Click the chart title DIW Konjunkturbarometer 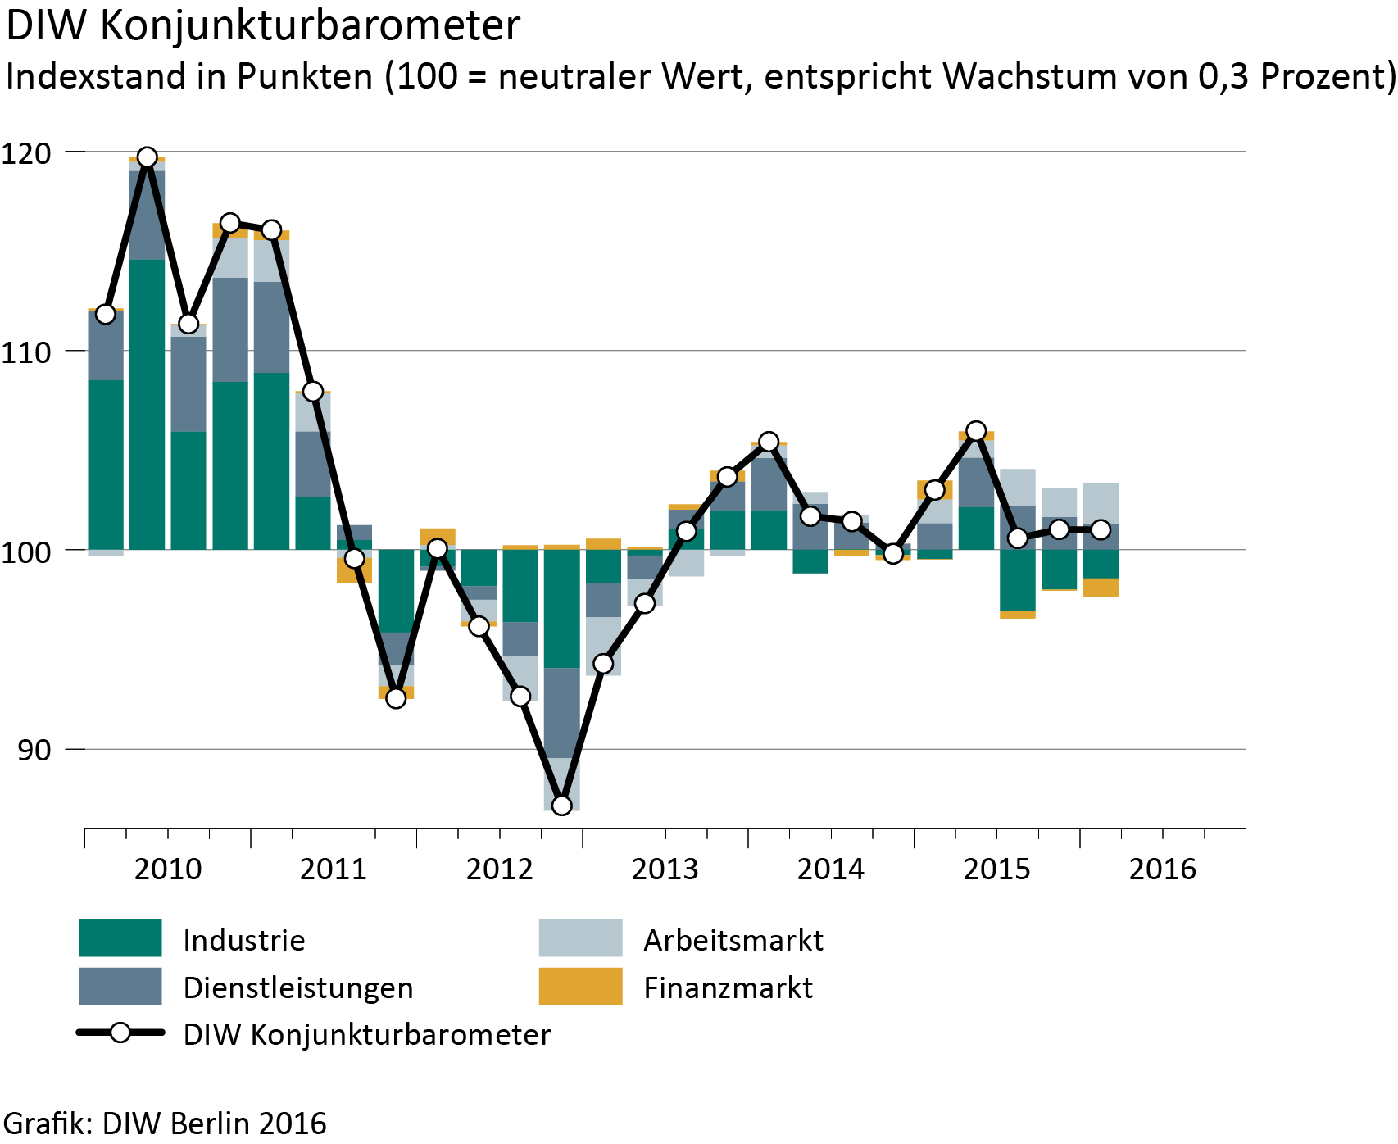pyautogui.click(x=263, y=26)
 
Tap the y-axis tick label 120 pyautogui.click(x=26, y=152)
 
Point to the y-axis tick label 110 pyautogui.click(x=26, y=352)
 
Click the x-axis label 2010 pyautogui.click(x=168, y=869)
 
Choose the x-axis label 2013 pyautogui.click(x=665, y=869)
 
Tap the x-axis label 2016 pyautogui.click(x=1162, y=869)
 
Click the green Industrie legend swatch pyautogui.click(x=120, y=938)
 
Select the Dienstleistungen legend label pyautogui.click(x=298, y=987)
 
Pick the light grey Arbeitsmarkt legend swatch pyautogui.click(x=580, y=938)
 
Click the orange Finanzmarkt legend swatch pyautogui.click(x=580, y=986)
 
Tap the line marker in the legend pyautogui.click(x=120, y=1033)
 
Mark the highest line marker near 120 pyautogui.click(x=148, y=157)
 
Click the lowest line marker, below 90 pyautogui.click(x=561, y=806)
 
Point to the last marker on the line pyautogui.click(x=1101, y=529)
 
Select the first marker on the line pyautogui.click(x=106, y=314)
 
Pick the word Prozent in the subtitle pyautogui.click(x=1323, y=77)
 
